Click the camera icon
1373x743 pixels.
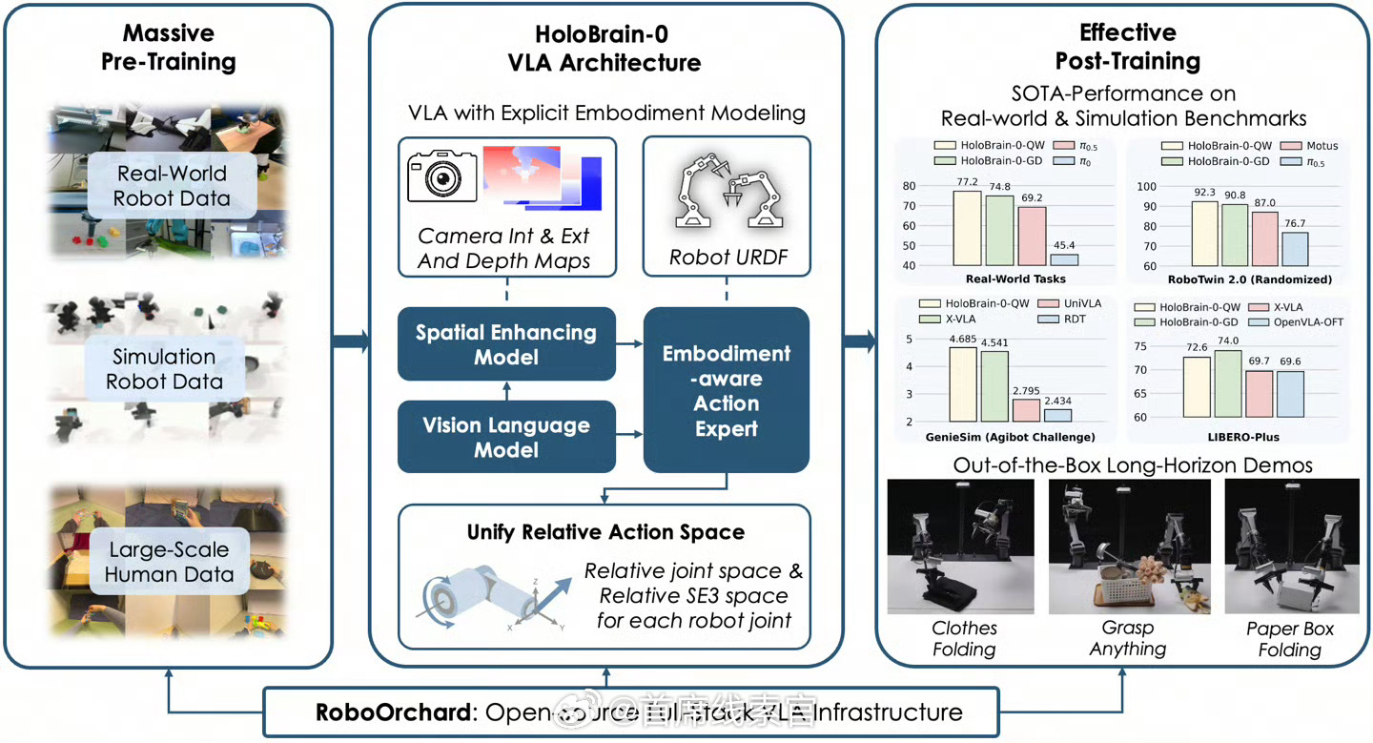pos(442,173)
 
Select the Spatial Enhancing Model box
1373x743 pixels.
pos(506,344)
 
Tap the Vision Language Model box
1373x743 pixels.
pos(506,437)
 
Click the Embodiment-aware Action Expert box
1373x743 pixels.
pos(727,391)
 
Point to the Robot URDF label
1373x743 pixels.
pos(727,258)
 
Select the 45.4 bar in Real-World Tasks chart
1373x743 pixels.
pos(1063,259)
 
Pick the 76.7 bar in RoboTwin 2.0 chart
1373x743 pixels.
pos(1295,249)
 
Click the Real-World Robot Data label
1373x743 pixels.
pos(172,186)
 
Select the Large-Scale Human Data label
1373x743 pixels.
pos(169,563)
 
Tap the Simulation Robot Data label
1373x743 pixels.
pos(165,369)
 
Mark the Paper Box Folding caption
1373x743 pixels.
pos(1289,639)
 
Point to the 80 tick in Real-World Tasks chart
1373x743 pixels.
pos(908,187)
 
